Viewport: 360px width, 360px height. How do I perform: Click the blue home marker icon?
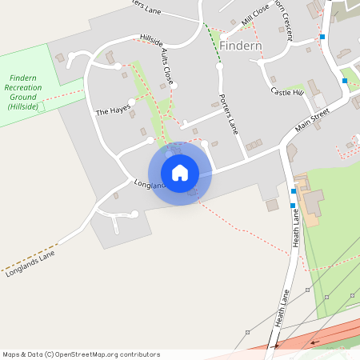180,172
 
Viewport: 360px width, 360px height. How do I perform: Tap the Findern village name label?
239,46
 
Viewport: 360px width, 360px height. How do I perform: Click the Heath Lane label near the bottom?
282,307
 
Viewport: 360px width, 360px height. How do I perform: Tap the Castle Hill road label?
287,92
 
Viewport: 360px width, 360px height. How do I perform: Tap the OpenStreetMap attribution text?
81,354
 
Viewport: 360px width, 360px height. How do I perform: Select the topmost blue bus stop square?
322,37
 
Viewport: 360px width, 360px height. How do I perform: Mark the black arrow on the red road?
313,342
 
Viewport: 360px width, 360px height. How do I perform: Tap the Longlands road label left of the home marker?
150,184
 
